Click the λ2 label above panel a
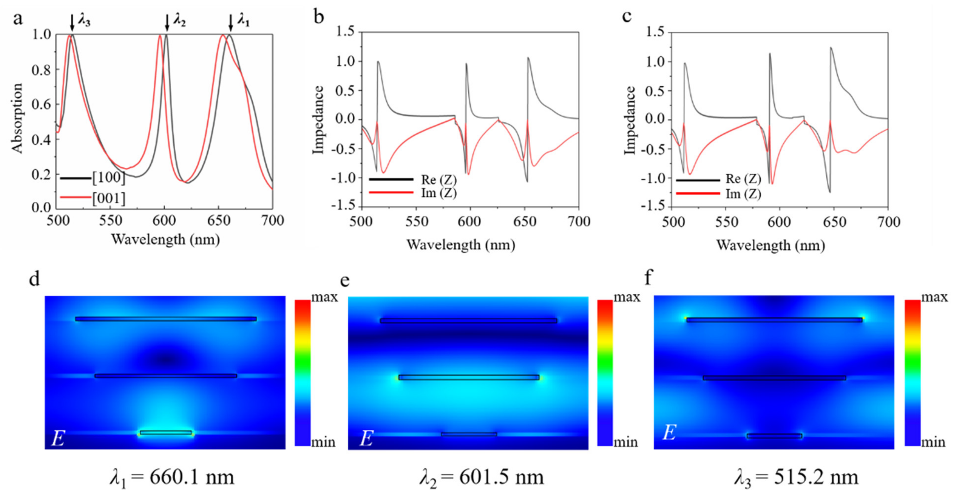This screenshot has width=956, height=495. click(180, 21)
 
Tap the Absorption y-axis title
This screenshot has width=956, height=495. click(17, 118)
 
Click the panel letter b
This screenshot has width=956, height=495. click(319, 17)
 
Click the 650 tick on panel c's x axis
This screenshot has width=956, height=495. click(834, 222)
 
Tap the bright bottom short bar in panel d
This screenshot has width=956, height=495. click(166, 433)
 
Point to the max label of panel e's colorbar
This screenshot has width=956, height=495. click(627, 298)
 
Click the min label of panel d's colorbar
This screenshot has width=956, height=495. click(323, 442)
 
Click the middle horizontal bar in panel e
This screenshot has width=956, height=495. click(469, 377)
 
